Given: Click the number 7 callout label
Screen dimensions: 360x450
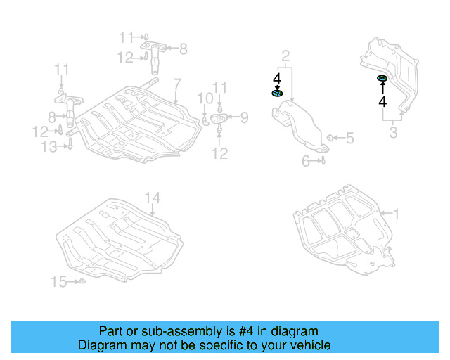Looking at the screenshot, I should click(x=176, y=83).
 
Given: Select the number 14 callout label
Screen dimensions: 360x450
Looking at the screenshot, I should click(x=153, y=198).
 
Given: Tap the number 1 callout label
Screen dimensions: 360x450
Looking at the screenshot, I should click(x=395, y=212).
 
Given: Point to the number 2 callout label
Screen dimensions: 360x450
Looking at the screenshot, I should click(x=285, y=56).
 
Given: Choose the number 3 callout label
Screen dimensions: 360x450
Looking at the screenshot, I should click(x=393, y=132).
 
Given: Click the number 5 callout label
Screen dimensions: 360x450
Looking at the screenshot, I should click(x=349, y=139).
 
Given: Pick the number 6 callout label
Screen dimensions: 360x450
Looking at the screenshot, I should click(x=306, y=161).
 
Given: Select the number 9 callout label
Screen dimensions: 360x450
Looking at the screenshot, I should click(x=244, y=117).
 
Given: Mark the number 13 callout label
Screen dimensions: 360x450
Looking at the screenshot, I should click(x=49, y=146).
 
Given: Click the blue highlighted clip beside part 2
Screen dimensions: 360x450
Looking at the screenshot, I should click(x=277, y=93).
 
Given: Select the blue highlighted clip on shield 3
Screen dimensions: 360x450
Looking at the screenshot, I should click(x=382, y=78).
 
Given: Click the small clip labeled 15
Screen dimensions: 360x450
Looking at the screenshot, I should click(x=81, y=282).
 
